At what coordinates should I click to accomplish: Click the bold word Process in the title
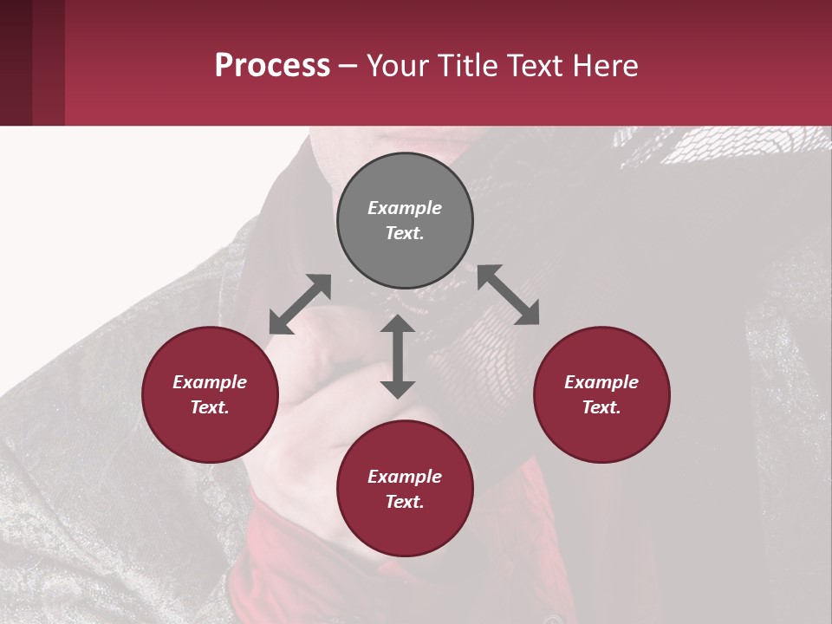[272, 66]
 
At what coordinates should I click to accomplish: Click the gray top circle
[405, 221]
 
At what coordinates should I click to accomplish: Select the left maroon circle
[210, 395]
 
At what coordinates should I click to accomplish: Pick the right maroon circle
[601, 395]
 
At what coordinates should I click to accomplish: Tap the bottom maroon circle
[405, 489]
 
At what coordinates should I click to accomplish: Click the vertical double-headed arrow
[398, 356]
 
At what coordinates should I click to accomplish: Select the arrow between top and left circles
[300, 304]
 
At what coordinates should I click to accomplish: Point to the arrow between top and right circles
[508, 295]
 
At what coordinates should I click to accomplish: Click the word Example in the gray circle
[405, 208]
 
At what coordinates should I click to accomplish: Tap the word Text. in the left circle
[210, 407]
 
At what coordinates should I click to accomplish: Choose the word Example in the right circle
[601, 382]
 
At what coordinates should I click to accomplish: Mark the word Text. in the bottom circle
[405, 502]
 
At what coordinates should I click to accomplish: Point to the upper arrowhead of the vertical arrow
[398, 324]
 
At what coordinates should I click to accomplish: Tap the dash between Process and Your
[348, 66]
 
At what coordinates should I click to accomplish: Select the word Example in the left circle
[210, 382]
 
